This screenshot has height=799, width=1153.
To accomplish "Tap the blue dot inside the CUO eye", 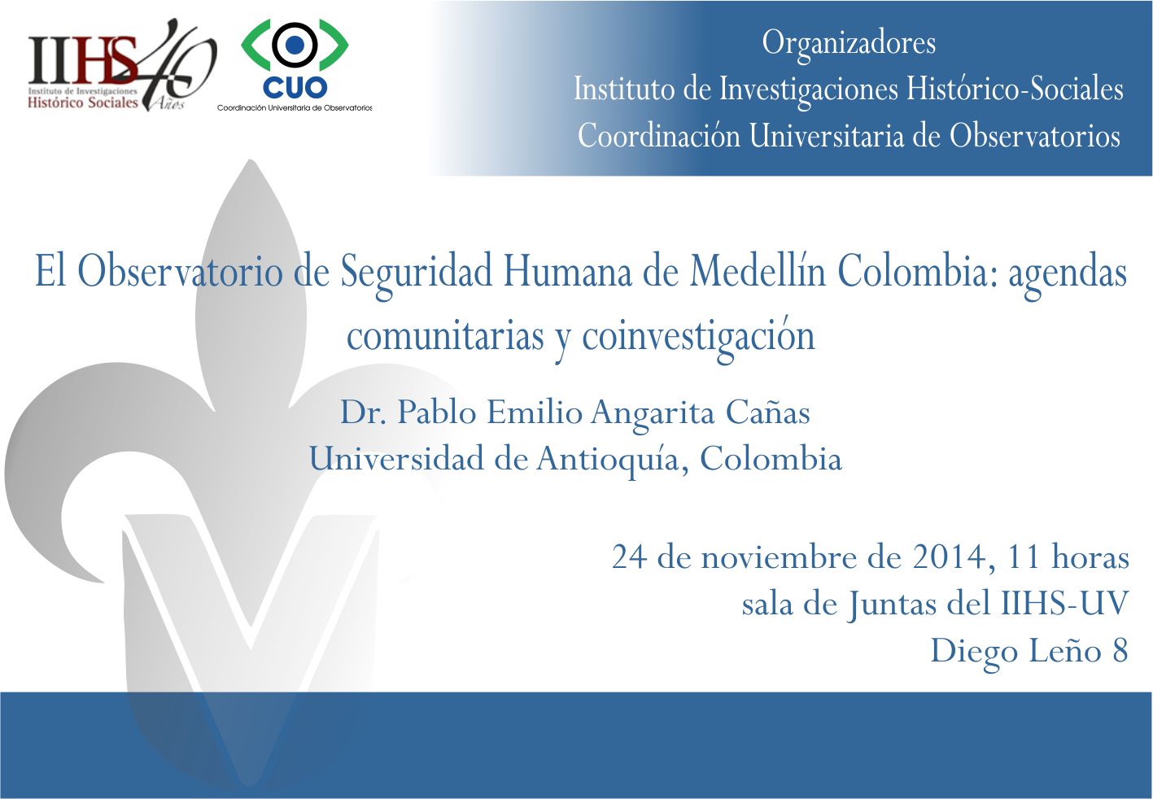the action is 295,45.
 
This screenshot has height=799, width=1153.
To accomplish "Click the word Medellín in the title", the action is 758,271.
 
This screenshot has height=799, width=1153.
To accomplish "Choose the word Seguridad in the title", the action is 417,273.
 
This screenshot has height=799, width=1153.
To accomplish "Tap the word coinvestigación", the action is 698,337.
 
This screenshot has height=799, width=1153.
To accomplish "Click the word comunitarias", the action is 445,336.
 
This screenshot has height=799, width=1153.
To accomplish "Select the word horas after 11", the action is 1090,557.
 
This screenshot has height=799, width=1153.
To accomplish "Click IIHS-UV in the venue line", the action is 1064,603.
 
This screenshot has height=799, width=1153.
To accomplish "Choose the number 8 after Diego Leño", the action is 1120,650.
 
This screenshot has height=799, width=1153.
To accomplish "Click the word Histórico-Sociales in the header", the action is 1015,89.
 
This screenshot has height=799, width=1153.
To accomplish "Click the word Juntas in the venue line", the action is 892,604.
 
